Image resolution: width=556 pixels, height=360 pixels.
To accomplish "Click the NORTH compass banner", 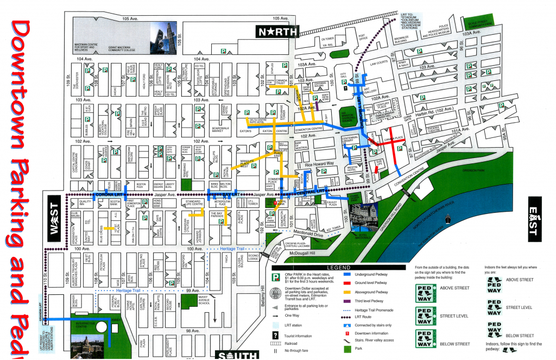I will (277, 31).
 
